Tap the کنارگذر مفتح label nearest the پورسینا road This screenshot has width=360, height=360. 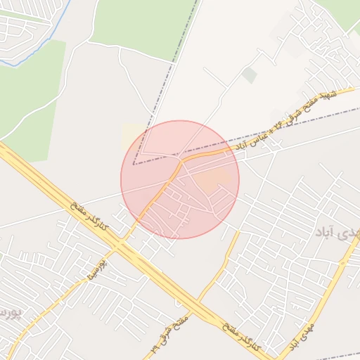click(x=89, y=216)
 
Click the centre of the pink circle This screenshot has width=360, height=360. click(x=180, y=179)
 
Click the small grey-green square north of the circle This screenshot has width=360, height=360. click(x=249, y=75)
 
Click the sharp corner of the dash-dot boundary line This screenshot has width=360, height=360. click(x=134, y=163)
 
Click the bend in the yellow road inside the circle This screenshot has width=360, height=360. click(x=181, y=162)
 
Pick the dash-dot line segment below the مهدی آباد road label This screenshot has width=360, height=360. click(x=337, y=356)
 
